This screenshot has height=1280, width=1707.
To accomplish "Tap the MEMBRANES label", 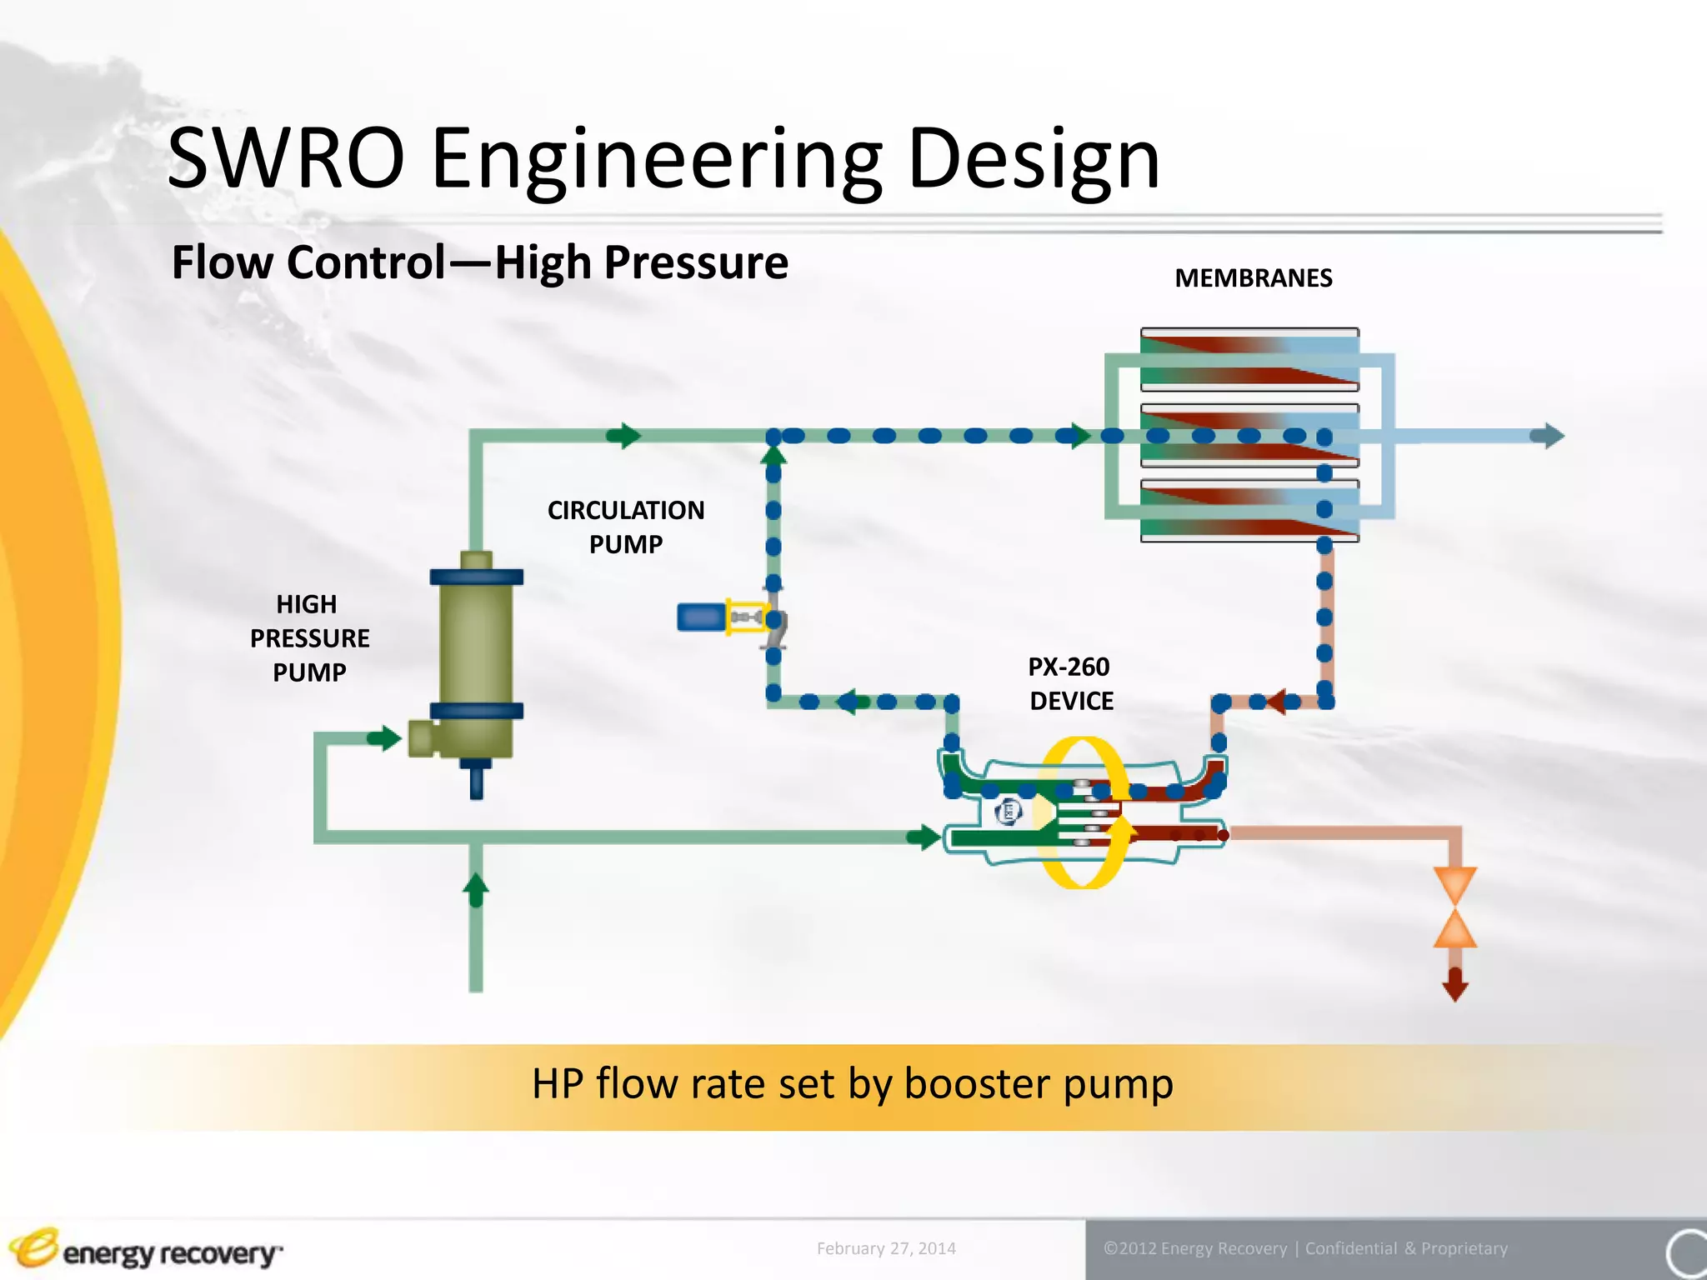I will [1253, 278].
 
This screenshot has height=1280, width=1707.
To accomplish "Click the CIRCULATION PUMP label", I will [625, 527].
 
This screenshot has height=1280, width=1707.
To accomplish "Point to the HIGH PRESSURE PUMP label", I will [309, 637].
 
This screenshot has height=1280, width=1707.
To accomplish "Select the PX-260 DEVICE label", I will [1070, 683].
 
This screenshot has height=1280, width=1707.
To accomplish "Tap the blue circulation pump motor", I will [700, 617].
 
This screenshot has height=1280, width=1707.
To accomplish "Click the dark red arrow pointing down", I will [1454, 985].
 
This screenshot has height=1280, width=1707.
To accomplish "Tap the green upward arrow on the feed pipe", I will [476, 890].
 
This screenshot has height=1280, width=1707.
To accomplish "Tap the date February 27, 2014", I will [885, 1248].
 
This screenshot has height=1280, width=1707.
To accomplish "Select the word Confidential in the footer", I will [1350, 1248].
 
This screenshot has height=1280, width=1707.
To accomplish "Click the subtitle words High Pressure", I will [641, 262].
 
